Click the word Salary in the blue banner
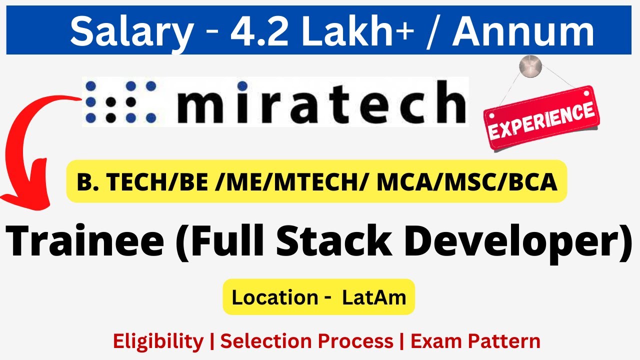click(x=130, y=31)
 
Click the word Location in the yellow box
click(x=274, y=297)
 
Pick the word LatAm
click(x=374, y=297)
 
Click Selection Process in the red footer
click(x=306, y=341)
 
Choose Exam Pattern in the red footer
click(x=475, y=341)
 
